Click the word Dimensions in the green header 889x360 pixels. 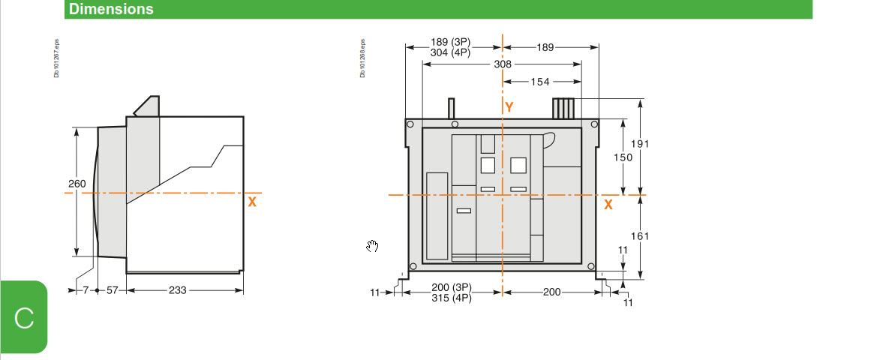pos(111,9)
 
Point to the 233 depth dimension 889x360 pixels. pos(178,290)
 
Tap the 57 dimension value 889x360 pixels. pos(112,290)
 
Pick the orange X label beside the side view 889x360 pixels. pos(252,202)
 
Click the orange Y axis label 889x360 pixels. pos(509,107)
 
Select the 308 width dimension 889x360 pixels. pos(503,64)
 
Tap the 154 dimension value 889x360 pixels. pos(540,82)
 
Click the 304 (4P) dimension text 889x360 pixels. pos(450,52)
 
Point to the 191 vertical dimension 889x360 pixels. pos(640,143)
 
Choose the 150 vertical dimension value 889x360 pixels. pos(623,157)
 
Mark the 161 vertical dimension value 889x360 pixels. pos(640,236)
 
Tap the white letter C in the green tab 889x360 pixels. pos(24,318)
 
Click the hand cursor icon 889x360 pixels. pos(372,247)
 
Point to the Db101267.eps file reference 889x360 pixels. pos(56,58)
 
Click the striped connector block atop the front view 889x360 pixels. pos(563,109)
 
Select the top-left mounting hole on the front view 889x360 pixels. pos(410,124)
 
